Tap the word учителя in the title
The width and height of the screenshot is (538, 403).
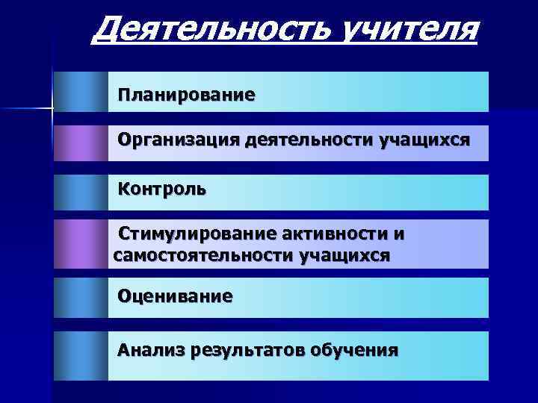tap(406, 31)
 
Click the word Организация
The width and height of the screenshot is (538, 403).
tap(176, 140)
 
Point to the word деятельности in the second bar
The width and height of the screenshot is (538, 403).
tap(306, 140)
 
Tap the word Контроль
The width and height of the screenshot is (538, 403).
tap(162, 189)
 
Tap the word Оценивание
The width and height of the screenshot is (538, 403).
tap(175, 296)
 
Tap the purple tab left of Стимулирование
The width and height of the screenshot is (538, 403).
tap(81, 244)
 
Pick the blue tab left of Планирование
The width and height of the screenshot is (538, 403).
tap(81, 92)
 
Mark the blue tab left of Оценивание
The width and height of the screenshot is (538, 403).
tap(81, 298)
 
